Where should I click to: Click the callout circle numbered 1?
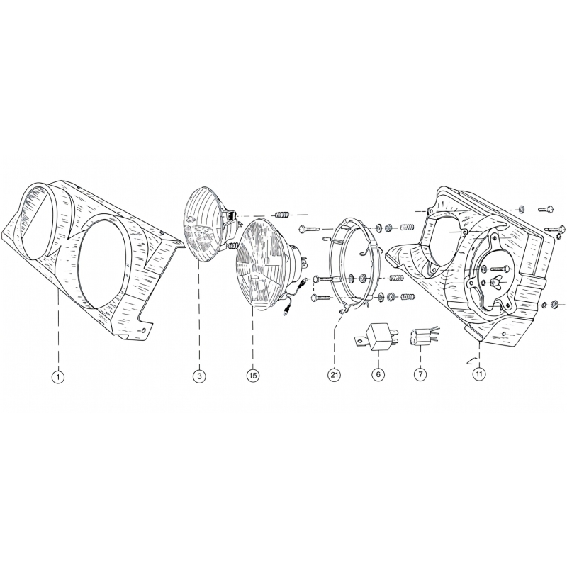coord(58,377)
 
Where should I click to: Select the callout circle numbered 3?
coord(199,376)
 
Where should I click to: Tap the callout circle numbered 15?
coord(253,376)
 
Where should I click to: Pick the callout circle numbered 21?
coord(334,375)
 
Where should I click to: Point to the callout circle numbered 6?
coord(378,374)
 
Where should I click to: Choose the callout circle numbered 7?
coord(420,374)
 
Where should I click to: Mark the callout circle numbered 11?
coord(479,374)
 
